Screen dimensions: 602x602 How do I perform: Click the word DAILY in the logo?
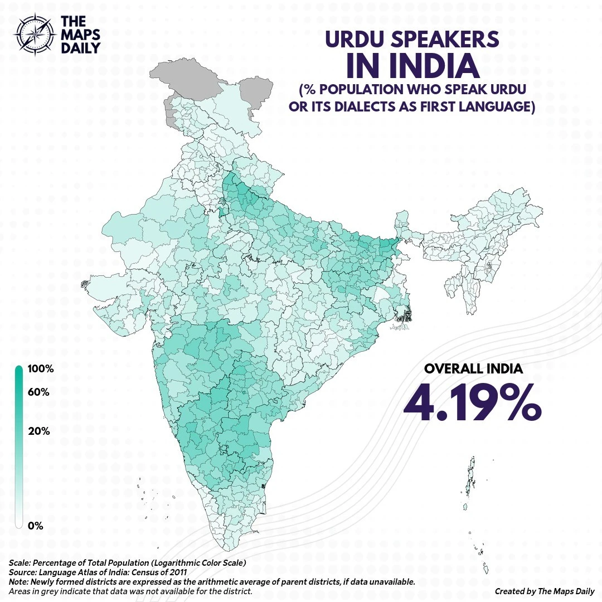click(x=80, y=47)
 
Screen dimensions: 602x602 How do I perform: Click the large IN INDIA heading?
click(x=412, y=66)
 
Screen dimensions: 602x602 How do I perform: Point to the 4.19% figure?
click(x=472, y=403)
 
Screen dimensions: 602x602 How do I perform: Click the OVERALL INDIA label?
click(x=473, y=369)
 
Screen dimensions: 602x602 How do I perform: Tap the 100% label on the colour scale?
click(x=40, y=369)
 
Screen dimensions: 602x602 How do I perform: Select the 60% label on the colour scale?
click(x=38, y=392)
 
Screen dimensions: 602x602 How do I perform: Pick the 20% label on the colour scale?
click(x=38, y=431)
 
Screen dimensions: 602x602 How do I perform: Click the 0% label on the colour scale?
click(x=35, y=526)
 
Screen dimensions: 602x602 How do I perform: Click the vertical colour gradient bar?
click(x=18, y=446)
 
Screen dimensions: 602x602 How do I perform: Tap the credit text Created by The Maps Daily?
click(x=544, y=591)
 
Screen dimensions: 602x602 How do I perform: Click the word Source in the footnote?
click(x=21, y=572)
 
